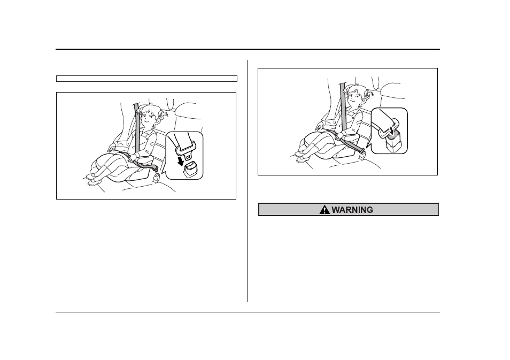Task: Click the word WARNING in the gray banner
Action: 352,210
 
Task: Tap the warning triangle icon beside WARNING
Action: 324,210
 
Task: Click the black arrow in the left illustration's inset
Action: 179,160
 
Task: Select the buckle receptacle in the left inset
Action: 191,170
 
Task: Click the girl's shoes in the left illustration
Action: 92,179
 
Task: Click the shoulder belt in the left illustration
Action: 137,127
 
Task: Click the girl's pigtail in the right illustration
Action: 369,94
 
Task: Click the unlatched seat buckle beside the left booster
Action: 156,178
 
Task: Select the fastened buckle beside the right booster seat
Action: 362,152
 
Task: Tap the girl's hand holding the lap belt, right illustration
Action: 338,135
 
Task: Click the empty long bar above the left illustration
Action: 146,79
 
